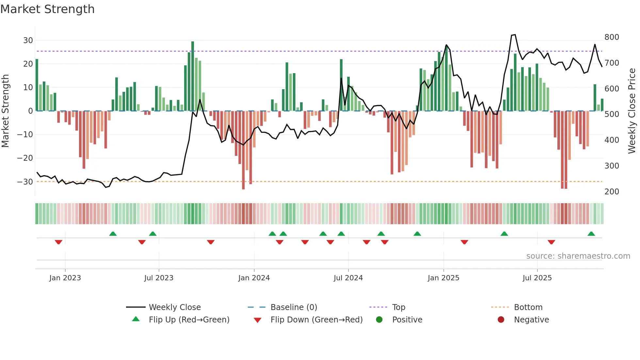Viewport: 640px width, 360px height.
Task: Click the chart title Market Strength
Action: pyautogui.click(x=47, y=9)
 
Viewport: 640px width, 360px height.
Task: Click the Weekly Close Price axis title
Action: pyautogui.click(x=632, y=111)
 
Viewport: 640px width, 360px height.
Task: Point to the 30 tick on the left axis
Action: pyautogui.click(x=28, y=41)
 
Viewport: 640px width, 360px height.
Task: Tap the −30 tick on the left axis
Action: pyautogui.click(x=25, y=182)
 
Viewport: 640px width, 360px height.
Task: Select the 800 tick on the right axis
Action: pyautogui.click(x=612, y=37)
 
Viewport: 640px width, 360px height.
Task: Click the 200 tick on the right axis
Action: pyautogui.click(x=612, y=192)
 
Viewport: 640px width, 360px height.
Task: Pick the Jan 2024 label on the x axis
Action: pyautogui.click(x=254, y=278)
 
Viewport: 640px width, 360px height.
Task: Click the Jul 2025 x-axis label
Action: pyautogui.click(x=537, y=278)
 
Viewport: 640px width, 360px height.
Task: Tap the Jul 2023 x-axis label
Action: pyautogui.click(x=159, y=278)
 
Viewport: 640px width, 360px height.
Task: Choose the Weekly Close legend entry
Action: pyautogui.click(x=175, y=307)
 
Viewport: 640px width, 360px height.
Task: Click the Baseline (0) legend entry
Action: pyautogui.click(x=294, y=307)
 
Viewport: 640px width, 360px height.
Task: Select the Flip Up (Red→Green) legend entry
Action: pyautogui.click(x=189, y=320)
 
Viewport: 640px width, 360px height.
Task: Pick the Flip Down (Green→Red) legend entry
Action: pyautogui.click(x=316, y=320)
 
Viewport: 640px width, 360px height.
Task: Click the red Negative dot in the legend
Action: pyautogui.click(x=501, y=319)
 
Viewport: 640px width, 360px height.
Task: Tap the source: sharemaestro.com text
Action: pyautogui.click(x=578, y=256)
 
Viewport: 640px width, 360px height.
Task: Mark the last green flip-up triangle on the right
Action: pyautogui.click(x=591, y=234)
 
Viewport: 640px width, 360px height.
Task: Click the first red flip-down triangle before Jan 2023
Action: pyautogui.click(x=58, y=242)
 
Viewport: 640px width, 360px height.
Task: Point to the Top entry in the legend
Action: pyautogui.click(x=398, y=307)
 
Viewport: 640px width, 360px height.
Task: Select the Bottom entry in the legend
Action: pyautogui.click(x=528, y=307)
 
